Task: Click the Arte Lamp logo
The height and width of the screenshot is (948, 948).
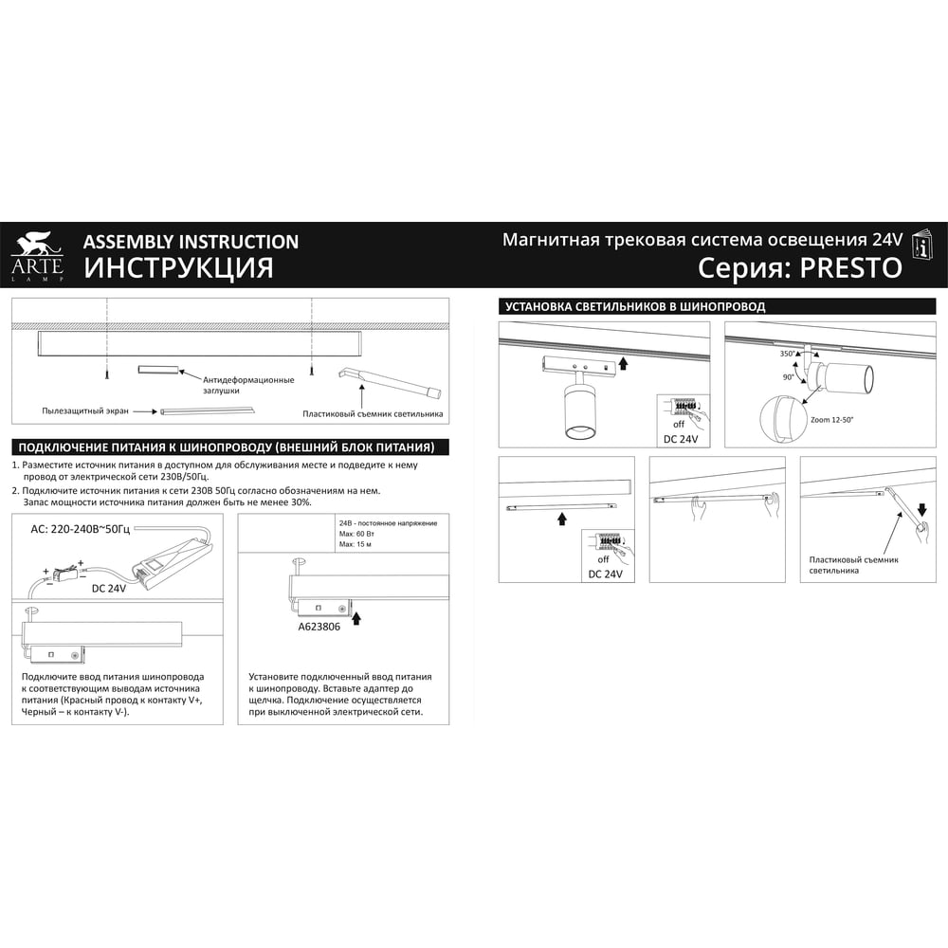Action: tap(37, 256)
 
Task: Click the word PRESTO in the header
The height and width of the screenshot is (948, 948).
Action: tap(851, 268)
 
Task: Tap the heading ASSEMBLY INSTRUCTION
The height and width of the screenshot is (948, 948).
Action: tap(191, 242)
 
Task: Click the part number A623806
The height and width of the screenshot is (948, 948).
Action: tap(319, 627)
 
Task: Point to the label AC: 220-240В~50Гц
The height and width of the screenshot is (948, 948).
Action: tap(81, 530)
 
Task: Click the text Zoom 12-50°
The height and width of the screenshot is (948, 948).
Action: tap(832, 420)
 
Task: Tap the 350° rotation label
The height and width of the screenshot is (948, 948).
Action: tap(787, 354)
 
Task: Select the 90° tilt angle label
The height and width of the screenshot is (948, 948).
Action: tap(789, 377)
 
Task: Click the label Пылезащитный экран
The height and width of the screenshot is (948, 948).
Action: tap(85, 411)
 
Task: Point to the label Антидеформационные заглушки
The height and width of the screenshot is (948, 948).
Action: tap(248, 385)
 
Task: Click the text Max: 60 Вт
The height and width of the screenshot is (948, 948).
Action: tap(356, 534)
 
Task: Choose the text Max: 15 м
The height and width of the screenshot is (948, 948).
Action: tap(355, 544)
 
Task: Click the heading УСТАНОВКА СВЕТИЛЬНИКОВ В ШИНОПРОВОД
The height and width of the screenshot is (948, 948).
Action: tap(635, 306)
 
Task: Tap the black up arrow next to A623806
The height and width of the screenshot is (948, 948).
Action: tap(356, 618)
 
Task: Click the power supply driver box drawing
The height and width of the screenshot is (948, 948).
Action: tap(173, 565)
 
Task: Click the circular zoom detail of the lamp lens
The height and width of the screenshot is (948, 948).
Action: tap(780, 419)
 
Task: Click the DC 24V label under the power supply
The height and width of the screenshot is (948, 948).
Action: tap(109, 589)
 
